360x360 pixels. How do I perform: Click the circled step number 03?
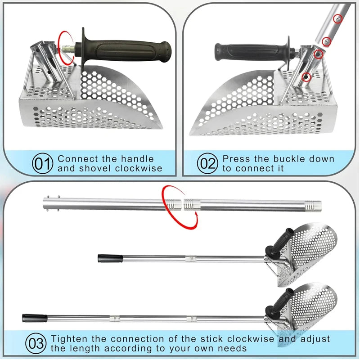point(36,344)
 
